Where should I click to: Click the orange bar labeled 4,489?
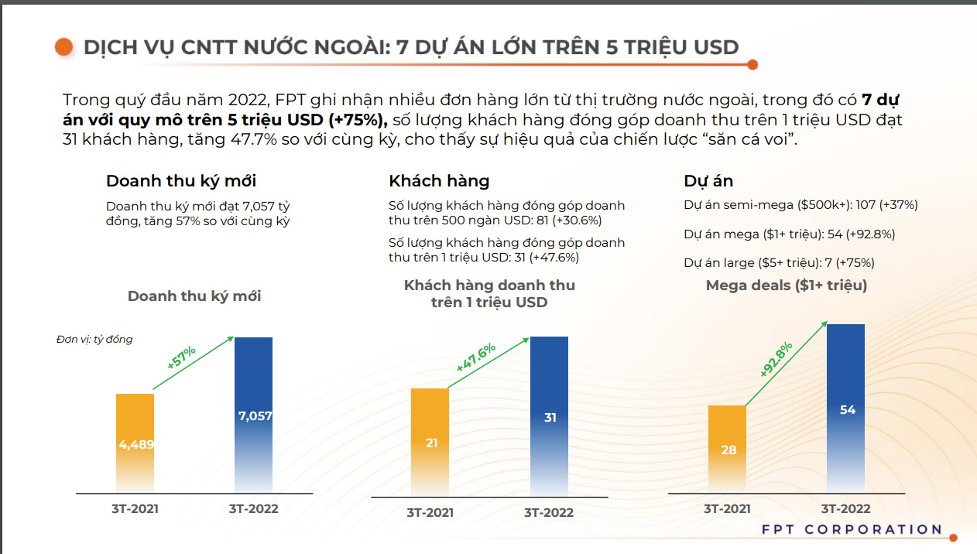point(135,443)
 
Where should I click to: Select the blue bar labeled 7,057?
point(254,415)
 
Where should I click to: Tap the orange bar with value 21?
point(430,442)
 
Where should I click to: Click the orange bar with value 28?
point(728,449)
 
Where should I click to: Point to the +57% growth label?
point(181,357)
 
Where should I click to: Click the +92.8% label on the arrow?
point(776,359)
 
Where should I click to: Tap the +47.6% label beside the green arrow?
point(475,358)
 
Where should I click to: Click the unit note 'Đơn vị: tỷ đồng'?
point(94,340)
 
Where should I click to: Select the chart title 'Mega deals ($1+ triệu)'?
point(787,286)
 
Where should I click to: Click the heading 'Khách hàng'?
point(439,181)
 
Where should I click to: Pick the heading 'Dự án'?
point(708,181)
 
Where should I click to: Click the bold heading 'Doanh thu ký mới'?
point(181,181)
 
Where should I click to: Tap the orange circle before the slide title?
point(63,47)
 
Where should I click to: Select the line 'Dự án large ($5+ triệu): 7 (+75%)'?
point(779,262)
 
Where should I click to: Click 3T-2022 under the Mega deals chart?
point(845,508)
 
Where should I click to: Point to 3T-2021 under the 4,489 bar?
point(135,508)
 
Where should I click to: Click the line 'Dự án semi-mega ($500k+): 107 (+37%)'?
point(800,205)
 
